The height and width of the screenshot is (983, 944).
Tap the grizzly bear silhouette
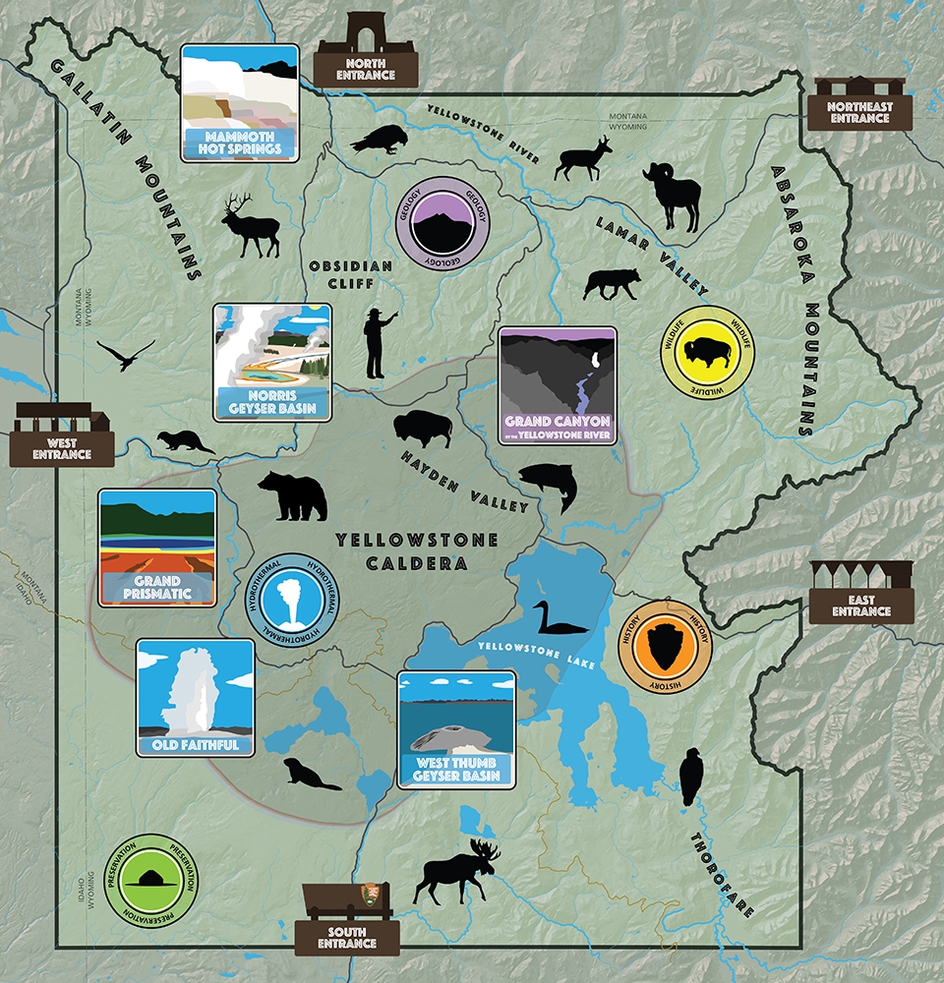point(292,496)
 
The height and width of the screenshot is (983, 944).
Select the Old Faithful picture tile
point(195,697)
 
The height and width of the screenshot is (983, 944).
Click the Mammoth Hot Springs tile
point(240,102)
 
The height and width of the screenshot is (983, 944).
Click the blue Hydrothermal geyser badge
point(292,601)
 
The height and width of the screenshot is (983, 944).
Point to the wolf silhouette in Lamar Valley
point(612,283)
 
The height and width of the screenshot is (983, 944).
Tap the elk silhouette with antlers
point(251,224)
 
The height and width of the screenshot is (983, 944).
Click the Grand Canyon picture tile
point(557,385)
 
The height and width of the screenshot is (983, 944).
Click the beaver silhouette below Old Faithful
point(309,775)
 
